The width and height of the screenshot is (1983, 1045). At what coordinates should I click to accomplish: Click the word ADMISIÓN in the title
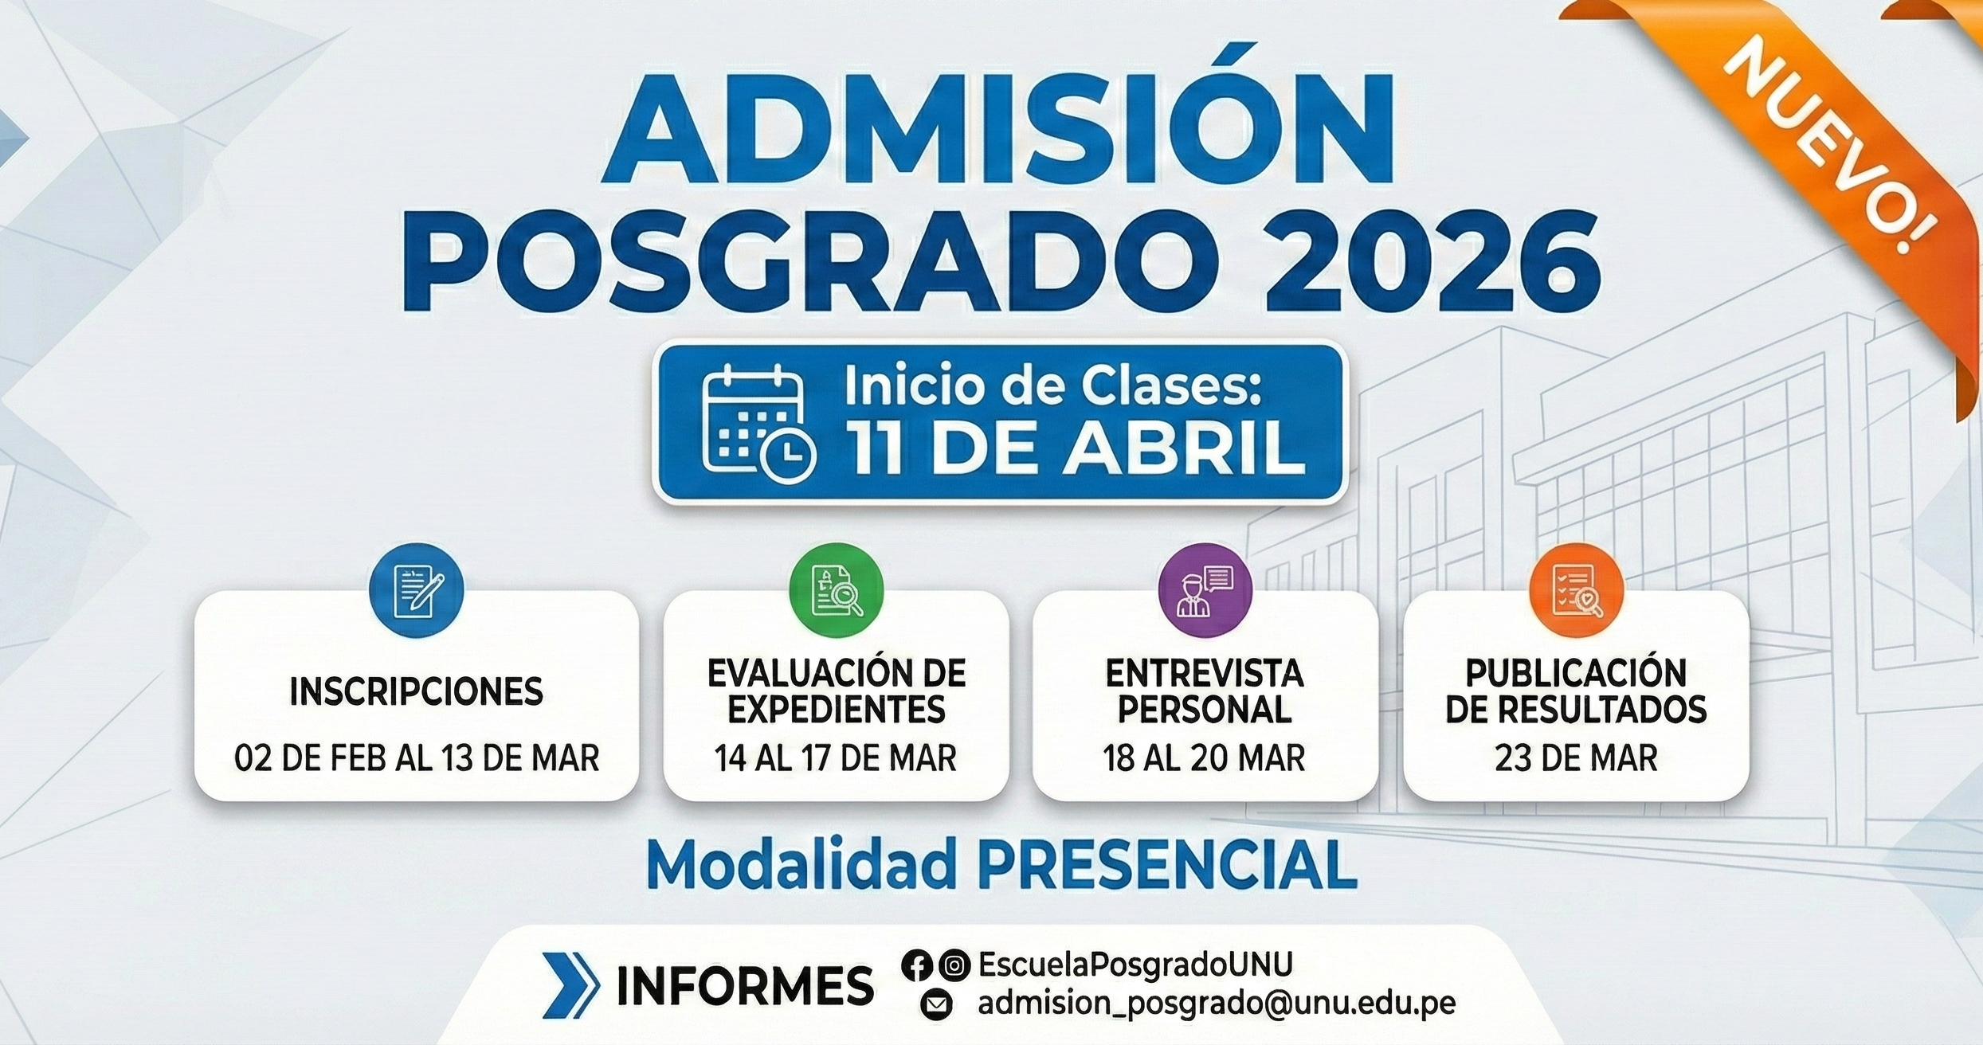997,127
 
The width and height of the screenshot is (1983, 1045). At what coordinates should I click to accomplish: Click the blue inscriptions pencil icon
417,590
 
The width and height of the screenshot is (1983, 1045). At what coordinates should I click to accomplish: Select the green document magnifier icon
837,590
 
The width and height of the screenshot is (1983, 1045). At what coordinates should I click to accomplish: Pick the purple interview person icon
1205,590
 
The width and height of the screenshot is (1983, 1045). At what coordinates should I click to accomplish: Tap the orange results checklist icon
1577,590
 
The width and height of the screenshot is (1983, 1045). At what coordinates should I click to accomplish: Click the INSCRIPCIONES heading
417,691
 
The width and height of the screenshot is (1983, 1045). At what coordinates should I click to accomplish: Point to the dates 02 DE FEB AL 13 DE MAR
417,758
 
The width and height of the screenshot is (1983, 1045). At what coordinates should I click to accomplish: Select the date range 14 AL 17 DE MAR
836,758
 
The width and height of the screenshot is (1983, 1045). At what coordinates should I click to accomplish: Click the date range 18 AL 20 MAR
1205,758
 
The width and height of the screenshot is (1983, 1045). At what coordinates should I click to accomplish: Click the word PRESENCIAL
1168,865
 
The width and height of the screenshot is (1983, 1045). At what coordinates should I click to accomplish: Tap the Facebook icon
917,965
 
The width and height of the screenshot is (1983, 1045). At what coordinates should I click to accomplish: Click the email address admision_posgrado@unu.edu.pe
1217,1004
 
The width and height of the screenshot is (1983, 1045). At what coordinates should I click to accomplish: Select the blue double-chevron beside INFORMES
570,985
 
